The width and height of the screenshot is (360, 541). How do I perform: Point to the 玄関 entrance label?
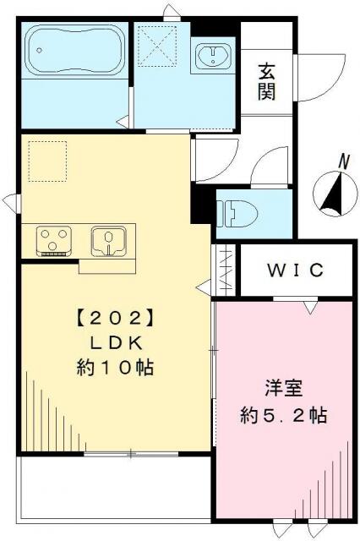pos(266,82)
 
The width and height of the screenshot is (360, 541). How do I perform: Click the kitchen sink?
pos(108,241)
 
